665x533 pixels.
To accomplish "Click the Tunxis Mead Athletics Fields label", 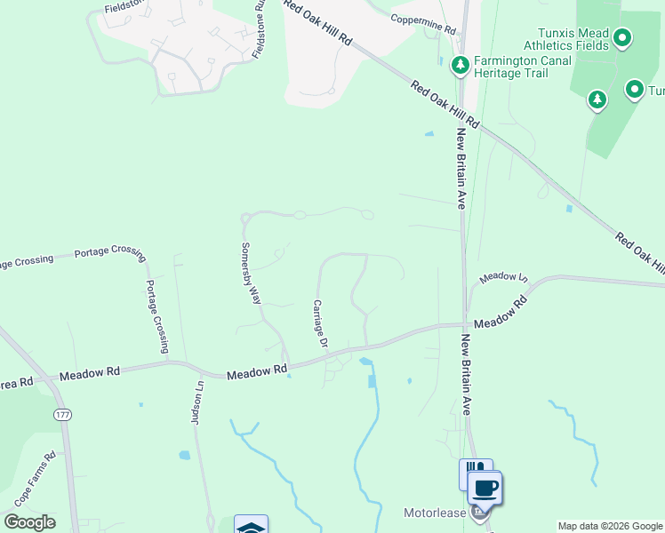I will [565, 39].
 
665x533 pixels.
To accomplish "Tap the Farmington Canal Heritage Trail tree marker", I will [461, 64].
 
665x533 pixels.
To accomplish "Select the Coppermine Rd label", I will [423, 24].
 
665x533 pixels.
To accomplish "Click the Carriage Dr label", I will [321, 323].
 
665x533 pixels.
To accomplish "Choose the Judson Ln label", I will [198, 403].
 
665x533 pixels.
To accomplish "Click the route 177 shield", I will [62, 415].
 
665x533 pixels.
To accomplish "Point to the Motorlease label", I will [435, 513].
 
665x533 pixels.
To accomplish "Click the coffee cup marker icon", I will [485, 489].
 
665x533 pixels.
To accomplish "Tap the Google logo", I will [29, 522].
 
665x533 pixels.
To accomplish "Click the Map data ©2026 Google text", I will [610, 526].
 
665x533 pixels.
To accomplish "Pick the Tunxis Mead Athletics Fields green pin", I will [622, 38].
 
